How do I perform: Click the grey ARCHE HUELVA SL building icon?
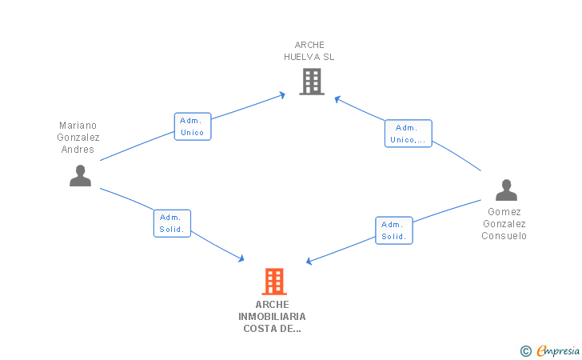tap(312, 82)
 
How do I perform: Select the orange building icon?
tap(274, 282)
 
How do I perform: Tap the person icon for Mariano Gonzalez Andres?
tap(80, 176)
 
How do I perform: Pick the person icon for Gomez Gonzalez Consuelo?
tap(506, 190)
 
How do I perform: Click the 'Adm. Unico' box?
tap(193, 126)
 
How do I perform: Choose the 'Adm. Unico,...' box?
tap(409, 134)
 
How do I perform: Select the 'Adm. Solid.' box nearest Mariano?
tap(172, 223)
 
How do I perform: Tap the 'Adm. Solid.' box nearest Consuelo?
tap(394, 230)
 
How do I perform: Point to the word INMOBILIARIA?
tap(272, 317)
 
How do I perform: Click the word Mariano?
tap(78, 126)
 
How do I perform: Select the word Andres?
tap(78, 150)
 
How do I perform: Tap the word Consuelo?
tap(504, 236)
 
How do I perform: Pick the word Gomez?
tap(504, 212)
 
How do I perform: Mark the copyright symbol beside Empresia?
tap(526, 351)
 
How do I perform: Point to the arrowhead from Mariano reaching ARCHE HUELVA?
tap(282, 95)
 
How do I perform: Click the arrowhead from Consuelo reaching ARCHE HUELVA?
tap(337, 99)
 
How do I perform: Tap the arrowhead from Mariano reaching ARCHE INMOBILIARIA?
tap(241, 258)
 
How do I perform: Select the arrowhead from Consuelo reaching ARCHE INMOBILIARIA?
tap(309, 261)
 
